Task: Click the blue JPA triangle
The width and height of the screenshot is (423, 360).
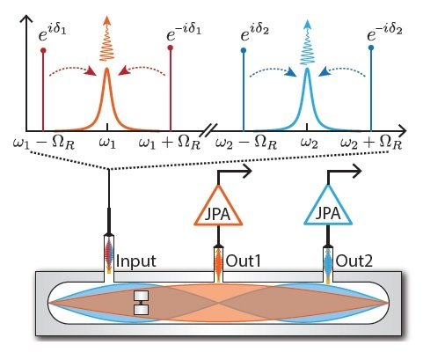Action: [x=328, y=223]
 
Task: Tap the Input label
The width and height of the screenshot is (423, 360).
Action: [x=136, y=261]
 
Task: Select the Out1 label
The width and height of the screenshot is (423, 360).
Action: [x=244, y=261]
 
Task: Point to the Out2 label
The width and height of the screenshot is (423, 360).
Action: [x=354, y=261]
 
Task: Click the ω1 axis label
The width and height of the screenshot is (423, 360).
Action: [x=107, y=143]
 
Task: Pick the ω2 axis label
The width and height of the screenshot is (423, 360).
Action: [x=310, y=143]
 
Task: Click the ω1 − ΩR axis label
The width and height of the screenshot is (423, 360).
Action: [x=44, y=143]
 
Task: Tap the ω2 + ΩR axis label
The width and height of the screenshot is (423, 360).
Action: [x=371, y=143]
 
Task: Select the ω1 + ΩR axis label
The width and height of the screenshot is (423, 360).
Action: [x=170, y=143]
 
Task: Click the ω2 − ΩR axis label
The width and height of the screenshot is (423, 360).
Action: [x=246, y=143]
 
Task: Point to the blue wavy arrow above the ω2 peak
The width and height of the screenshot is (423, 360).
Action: [x=307, y=41]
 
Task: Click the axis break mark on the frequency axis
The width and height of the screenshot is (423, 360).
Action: [x=210, y=130]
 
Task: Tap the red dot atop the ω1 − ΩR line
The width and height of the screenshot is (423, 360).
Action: [x=43, y=50]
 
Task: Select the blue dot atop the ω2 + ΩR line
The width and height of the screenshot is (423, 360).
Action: [x=371, y=48]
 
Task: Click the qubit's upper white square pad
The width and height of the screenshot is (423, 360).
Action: [x=142, y=296]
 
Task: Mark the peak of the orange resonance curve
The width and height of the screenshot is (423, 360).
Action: [x=106, y=69]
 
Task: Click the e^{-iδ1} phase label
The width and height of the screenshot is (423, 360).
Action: [x=184, y=33]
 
